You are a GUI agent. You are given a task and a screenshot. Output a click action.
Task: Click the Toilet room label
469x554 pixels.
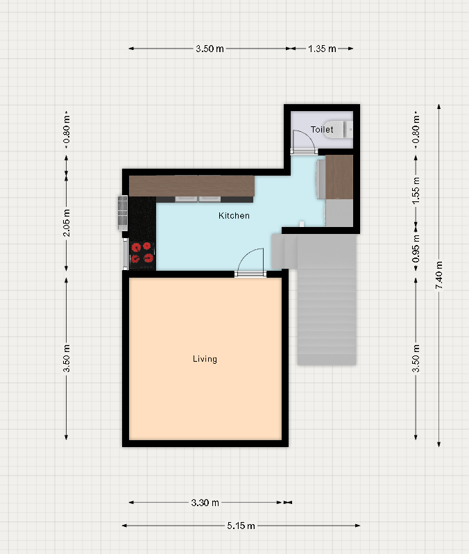(x=322, y=130)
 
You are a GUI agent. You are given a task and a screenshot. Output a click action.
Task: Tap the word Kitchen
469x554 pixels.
(x=234, y=215)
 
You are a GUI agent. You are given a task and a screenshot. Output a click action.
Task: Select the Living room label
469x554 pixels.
(x=205, y=359)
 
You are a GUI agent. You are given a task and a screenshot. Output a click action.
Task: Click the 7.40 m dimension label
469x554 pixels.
(x=439, y=275)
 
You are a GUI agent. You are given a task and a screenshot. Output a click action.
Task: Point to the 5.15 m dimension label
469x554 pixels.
(x=241, y=526)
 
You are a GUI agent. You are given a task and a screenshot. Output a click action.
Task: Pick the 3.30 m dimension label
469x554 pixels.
(x=205, y=503)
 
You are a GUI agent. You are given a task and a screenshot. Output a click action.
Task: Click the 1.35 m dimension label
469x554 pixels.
(x=322, y=49)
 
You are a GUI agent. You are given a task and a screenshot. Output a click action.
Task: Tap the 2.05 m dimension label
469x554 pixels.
(x=67, y=223)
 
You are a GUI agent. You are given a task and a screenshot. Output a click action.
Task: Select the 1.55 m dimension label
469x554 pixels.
(x=416, y=190)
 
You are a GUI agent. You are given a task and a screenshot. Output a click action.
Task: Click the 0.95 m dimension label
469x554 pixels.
(x=416, y=249)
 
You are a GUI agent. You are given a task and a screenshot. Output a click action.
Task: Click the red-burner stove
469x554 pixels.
(x=143, y=253)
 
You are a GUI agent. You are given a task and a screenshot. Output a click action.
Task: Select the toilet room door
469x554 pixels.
(x=304, y=142)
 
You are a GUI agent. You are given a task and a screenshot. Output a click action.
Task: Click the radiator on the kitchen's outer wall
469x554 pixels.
(x=123, y=212)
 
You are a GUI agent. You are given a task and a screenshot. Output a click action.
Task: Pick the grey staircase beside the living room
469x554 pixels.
(x=320, y=299)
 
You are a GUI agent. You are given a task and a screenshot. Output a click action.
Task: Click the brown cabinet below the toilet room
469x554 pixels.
(x=339, y=176)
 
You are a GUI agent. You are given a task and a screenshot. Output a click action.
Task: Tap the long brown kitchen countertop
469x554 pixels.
(x=191, y=186)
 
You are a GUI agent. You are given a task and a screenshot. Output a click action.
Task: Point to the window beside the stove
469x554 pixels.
(x=126, y=253)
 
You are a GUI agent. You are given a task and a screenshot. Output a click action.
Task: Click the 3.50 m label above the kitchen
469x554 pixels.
(x=210, y=49)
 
